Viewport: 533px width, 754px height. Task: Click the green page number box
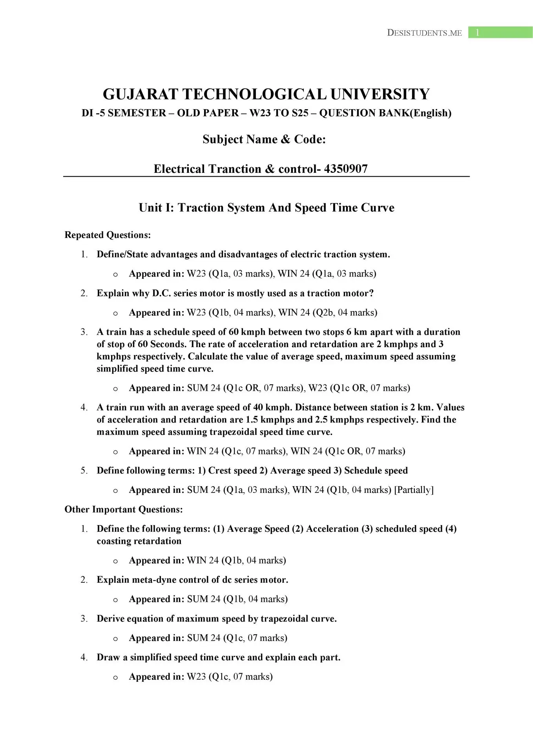click(x=500, y=33)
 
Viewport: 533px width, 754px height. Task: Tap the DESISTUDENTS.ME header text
click(x=424, y=33)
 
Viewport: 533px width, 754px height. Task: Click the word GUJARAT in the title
click(x=140, y=94)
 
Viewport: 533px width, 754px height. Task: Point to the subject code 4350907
click(x=346, y=169)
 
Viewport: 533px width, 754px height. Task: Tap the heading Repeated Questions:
click(x=108, y=235)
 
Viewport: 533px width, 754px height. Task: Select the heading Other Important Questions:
click(x=124, y=509)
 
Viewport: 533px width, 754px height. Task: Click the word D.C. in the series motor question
click(x=161, y=293)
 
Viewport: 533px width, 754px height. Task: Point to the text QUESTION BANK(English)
click(x=385, y=113)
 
